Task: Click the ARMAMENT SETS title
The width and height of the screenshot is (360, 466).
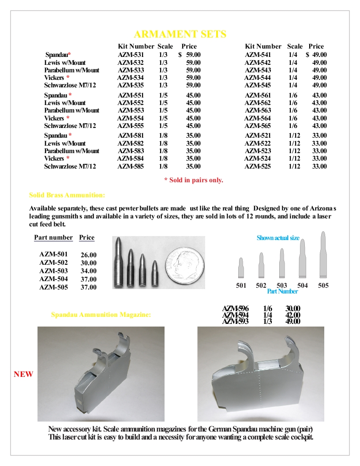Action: [x=180, y=34]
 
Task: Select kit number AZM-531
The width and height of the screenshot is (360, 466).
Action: [x=131, y=55]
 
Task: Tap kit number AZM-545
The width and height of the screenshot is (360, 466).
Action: [x=258, y=86]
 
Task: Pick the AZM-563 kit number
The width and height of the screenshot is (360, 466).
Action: [x=258, y=110]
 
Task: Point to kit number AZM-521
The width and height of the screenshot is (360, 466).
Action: [x=258, y=135]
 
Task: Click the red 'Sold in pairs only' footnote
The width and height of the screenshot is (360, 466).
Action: [x=194, y=180]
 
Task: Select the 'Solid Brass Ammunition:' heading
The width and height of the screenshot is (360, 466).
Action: [x=67, y=195]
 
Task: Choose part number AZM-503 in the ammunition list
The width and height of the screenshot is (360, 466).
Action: [x=53, y=271]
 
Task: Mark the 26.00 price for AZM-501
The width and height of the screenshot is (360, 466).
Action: [x=89, y=255]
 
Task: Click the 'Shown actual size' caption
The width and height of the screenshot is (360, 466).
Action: [x=278, y=238]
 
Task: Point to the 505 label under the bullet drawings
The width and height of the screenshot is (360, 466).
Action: [x=323, y=286]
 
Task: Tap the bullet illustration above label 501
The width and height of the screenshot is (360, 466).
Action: [x=241, y=268]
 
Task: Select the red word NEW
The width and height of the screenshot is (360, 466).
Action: [x=23, y=374]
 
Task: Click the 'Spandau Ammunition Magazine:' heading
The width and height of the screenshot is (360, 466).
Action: [x=101, y=315]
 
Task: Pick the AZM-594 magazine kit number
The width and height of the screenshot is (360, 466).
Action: [x=235, y=315]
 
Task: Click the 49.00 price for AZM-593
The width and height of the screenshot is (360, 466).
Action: [x=293, y=322]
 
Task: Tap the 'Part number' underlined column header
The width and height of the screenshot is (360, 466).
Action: [x=53, y=237]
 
